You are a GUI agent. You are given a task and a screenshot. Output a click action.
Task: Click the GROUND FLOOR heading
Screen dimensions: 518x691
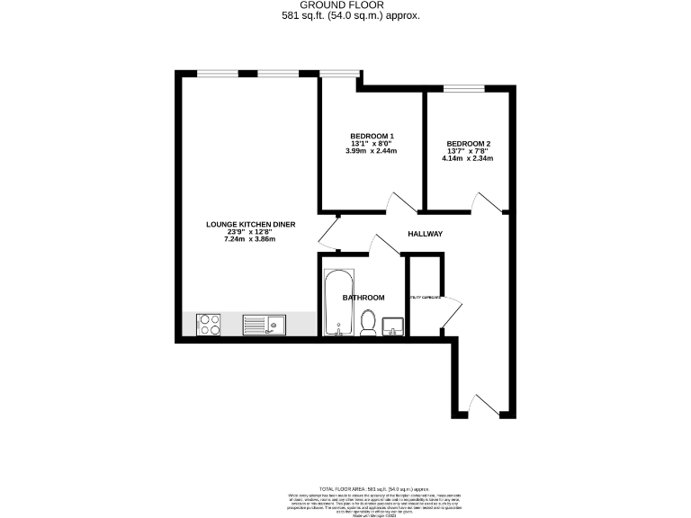click(x=346, y=5)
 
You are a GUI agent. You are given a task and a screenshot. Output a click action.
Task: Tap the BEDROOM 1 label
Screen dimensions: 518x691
click(x=372, y=136)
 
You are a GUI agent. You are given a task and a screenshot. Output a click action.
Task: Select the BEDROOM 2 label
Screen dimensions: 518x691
click(x=468, y=143)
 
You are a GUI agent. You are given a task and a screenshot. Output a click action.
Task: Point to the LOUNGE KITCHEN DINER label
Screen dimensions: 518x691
click(x=251, y=224)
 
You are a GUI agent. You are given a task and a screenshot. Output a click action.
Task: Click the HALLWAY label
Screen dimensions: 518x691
click(x=425, y=234)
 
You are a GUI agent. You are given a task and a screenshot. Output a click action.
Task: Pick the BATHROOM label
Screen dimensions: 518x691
click(x=363, y=298)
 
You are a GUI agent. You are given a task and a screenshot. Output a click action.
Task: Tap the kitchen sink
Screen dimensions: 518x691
click(x=264, y=324)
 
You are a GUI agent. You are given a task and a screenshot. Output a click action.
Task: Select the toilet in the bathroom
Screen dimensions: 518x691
click(x=367, y=322)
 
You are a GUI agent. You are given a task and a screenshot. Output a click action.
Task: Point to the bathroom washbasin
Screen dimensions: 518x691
click(x=394, y=326)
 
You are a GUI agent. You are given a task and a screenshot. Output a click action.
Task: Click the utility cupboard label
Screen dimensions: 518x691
click(x=424, y=298)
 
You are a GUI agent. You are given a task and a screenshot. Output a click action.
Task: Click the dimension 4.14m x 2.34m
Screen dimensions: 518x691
click(x=468, y=158)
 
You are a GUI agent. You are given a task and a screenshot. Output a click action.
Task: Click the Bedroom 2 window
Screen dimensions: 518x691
click(x=462, y=88)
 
